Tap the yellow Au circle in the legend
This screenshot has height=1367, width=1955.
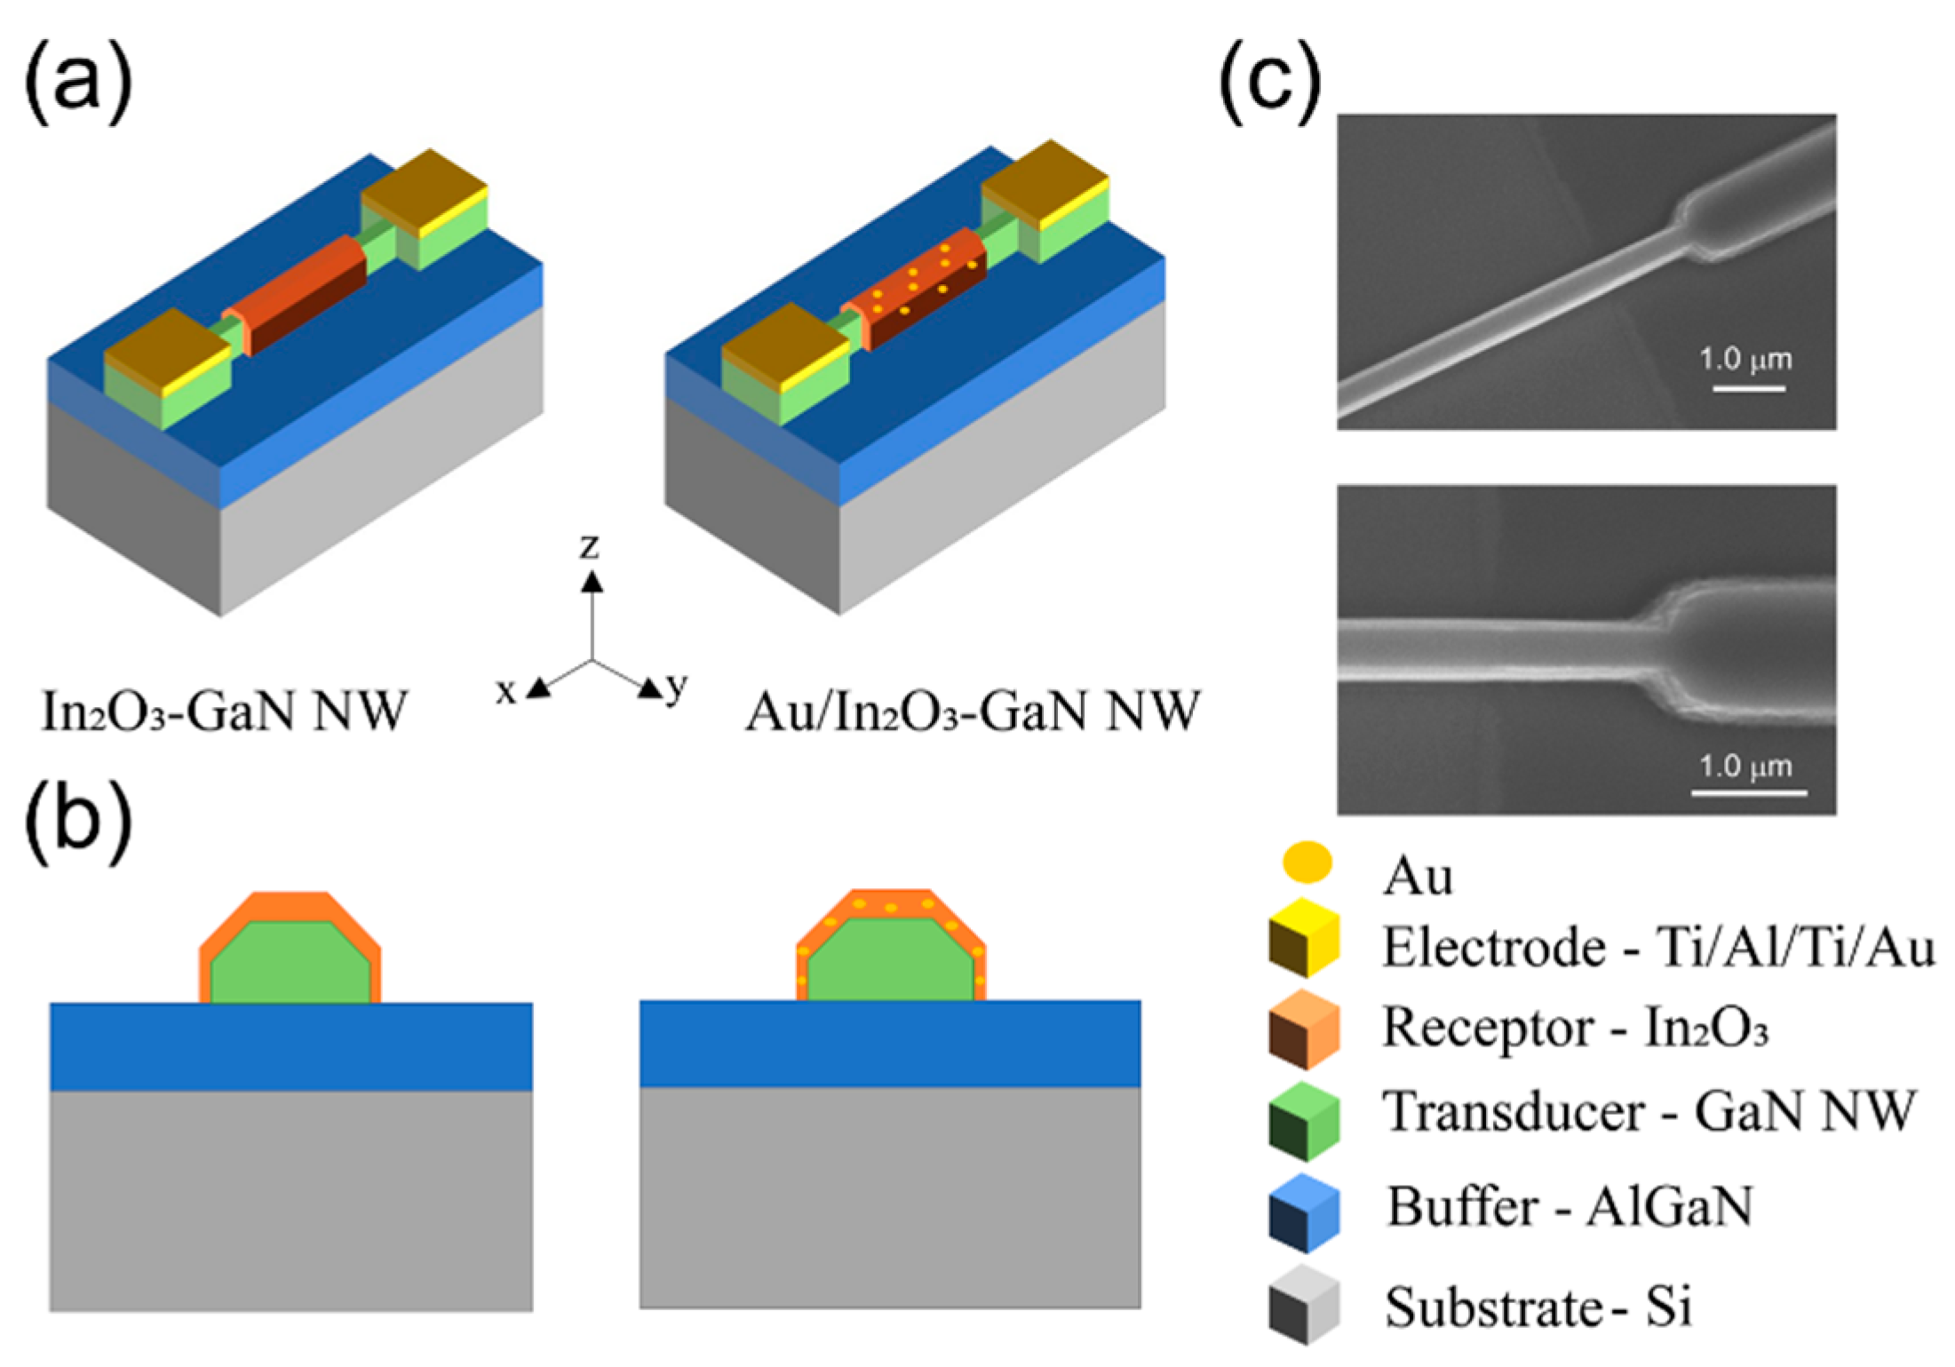pyautogui.click(x=1307, y=862)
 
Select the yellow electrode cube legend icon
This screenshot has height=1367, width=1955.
pyautogui.click(x=1303, y=938)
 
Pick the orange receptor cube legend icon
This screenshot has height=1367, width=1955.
pyautogui.click(x=1303, y=1029)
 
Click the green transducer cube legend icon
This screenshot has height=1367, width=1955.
pyautogui.click(x=1303, y=1121)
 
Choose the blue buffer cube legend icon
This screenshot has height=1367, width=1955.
pyautogui.click(x=1303, y=1213)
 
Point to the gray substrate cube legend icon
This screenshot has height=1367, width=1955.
pyautogui.click(x=1303, y=1305)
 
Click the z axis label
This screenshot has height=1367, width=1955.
pyautogui.click(x=590, y=545)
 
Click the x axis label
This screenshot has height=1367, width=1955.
pyautogui.click(x=505, y=690)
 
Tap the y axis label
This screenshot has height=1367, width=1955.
pyautogui.click(x=677, y=686)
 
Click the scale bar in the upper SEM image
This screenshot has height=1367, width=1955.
pyautogui.click(x=1748, y=388)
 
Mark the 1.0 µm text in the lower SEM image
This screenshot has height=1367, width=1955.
pyautogui.click(x=1744, y=766)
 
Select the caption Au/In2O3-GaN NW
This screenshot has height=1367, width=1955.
pyautogui.click(x=973, y=711)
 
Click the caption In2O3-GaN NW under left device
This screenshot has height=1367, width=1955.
pyautogui.click(x=224, y=711)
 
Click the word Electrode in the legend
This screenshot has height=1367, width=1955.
pyautogui.click(x=1493, y=947)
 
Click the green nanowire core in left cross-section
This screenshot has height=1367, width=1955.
pyautogui.click(x=290, y=964)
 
